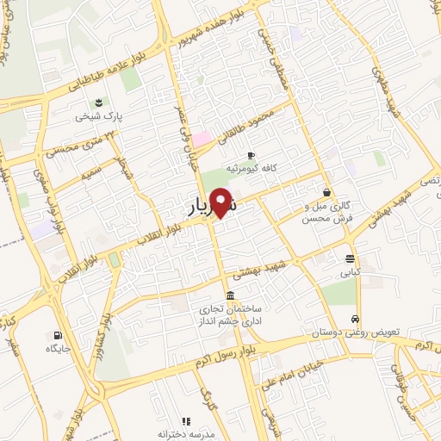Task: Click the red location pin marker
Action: [220, 202]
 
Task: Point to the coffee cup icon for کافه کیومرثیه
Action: [251, 155]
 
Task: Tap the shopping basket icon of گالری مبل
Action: [326, 192]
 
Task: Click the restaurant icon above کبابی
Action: [350, 258]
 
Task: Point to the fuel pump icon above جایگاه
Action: [57, 336]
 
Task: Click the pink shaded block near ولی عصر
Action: [201, 139]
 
